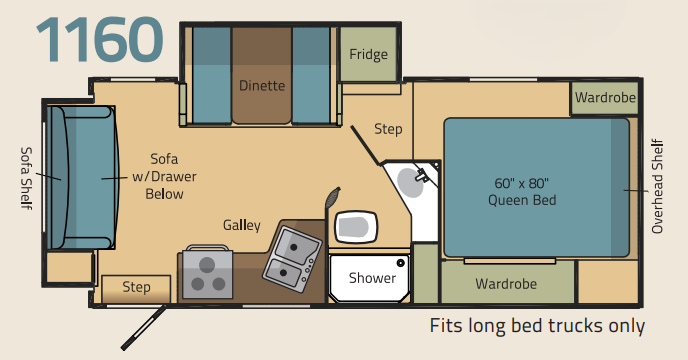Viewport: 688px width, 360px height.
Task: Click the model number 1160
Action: (100, 40)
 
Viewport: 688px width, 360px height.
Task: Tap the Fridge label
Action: (369, 54)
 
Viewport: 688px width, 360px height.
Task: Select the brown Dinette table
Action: (262, 76)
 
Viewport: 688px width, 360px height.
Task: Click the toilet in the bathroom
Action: (356, 227)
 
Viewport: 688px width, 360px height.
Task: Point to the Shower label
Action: (372, 278)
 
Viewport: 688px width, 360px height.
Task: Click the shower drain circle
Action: (400, 263)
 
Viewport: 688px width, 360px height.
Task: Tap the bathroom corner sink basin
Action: (411, 183)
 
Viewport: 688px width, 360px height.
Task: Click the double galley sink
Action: (292, 259)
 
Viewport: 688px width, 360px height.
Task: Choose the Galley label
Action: (242, 225)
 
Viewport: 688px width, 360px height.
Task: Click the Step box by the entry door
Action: (136, 289)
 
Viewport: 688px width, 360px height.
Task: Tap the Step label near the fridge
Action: (388, 129)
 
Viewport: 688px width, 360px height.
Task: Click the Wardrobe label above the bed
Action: (605, 97)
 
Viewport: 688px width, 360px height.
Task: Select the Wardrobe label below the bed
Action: (506, 284)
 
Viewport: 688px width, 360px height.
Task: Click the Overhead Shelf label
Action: (657, 186)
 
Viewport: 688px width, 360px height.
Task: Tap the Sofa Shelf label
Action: (27, 178)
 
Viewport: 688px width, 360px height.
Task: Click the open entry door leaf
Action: (143, 328)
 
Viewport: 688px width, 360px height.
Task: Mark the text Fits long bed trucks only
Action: (537, 326)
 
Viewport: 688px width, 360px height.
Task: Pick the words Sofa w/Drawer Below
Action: (164, 176)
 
